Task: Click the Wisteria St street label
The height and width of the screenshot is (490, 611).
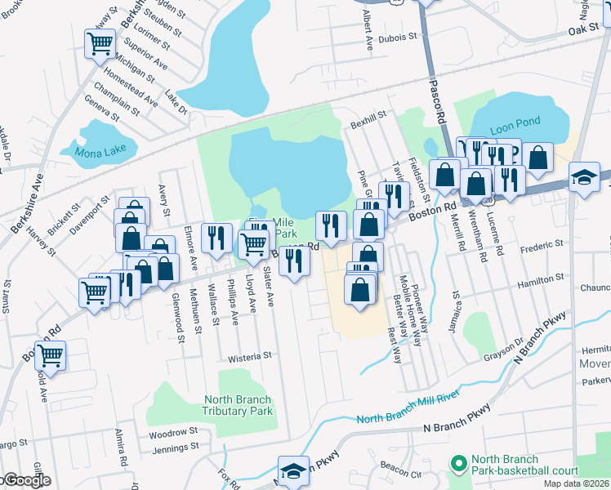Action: point(249,357)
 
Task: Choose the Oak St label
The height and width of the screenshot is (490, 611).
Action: point(584,29)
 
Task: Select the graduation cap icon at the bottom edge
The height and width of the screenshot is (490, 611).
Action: point(293,471)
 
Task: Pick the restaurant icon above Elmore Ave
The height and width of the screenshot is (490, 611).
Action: point(216,237)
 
